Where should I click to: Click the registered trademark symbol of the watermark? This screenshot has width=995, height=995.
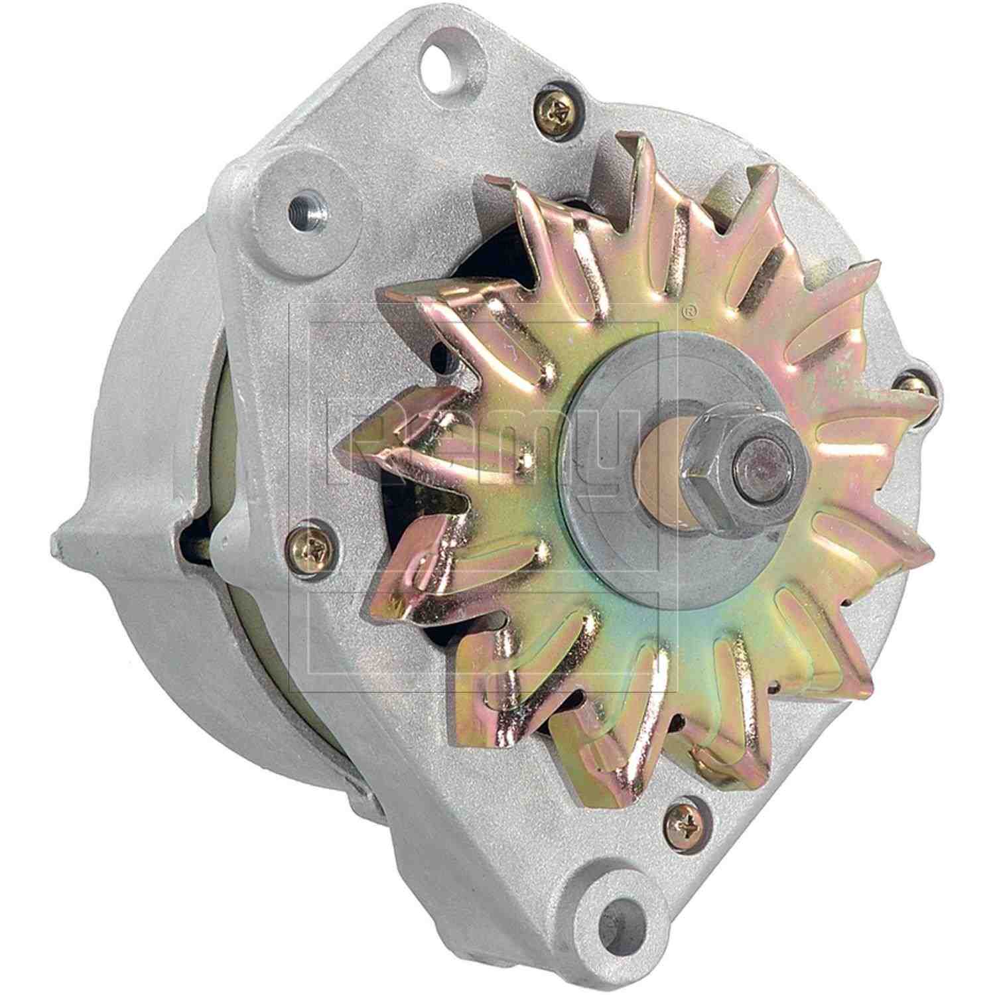point(690,308)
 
